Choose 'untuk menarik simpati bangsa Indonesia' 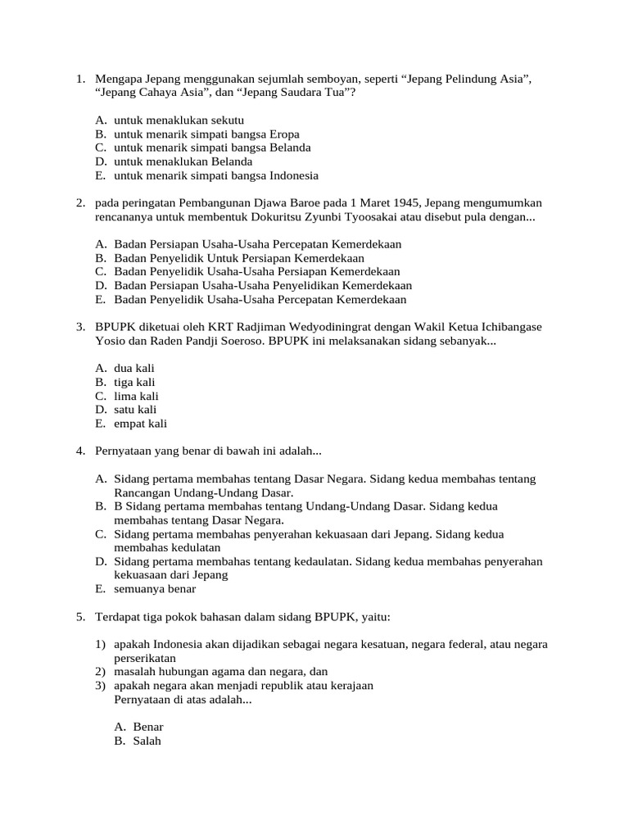pyautogui.click(x=216, y=175)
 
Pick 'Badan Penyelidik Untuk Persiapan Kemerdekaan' pyautogui.click(x=239, y=258)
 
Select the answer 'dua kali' pyautogui.click(x=134, y=369)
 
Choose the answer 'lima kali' pyautogui.click(x=136, y=396)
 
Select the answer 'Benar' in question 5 pyautogui.click(x=148, y=727)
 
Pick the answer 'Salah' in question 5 pyautogui.click(x=147, y=741)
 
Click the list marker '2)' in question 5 pyautogui.click(x=101, y=672)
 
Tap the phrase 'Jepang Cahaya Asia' pyautogui.click(x=143, y=93)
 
